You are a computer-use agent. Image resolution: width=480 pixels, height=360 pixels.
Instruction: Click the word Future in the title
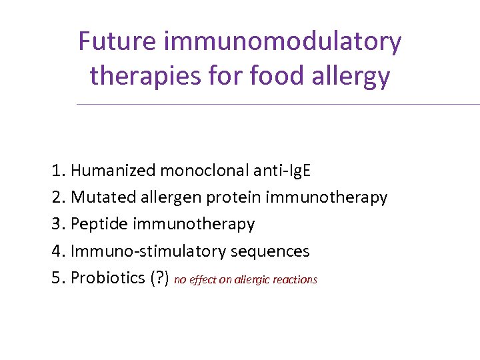tap(118, 41)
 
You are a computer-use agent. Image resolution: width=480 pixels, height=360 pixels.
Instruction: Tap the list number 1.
tap(57, 171)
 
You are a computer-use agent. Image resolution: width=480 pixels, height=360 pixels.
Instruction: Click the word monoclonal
tap(204, 171)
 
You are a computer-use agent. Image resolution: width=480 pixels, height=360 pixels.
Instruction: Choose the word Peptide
tap(99, 225)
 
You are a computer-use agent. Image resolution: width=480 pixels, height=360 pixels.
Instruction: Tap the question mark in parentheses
tap(161, 278)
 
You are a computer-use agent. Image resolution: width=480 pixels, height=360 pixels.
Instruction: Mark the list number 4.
tap(57, 251)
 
